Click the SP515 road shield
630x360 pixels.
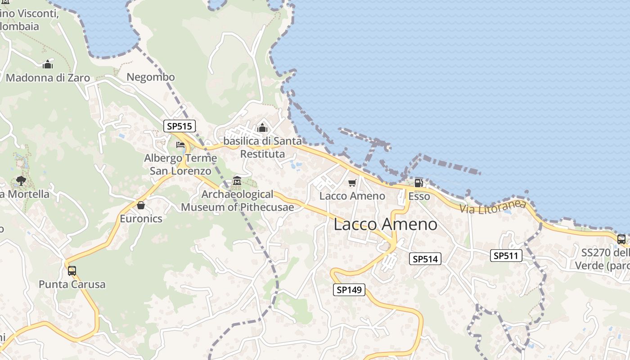tap(180, 126)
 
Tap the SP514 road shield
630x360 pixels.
tap(425, 259)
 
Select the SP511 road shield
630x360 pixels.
tap(506, 256)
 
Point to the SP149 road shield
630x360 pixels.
tap(349, 290)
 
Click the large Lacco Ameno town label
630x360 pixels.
tap(385, 225)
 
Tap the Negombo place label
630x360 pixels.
tap(150, 77)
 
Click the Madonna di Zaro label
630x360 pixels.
tap(48, 78)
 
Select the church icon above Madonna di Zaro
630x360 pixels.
tap(48, 65)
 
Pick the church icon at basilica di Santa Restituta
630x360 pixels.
tap(262, 128)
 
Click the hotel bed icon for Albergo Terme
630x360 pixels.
tap(180, 145)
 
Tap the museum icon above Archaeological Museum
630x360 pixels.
tap(237, 181)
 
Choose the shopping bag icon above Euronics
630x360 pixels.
tap(141, 206)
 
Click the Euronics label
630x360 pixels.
tap(141, 219)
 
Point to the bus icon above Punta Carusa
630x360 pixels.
tap(72, 271)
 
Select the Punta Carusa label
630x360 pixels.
tap(72, 284)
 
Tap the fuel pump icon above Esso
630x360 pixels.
tap(418, 183)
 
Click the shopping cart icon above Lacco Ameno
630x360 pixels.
tap(352, 183)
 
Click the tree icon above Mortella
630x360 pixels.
tap(21, 181)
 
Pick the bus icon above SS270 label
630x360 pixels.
tap(621, 239)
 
